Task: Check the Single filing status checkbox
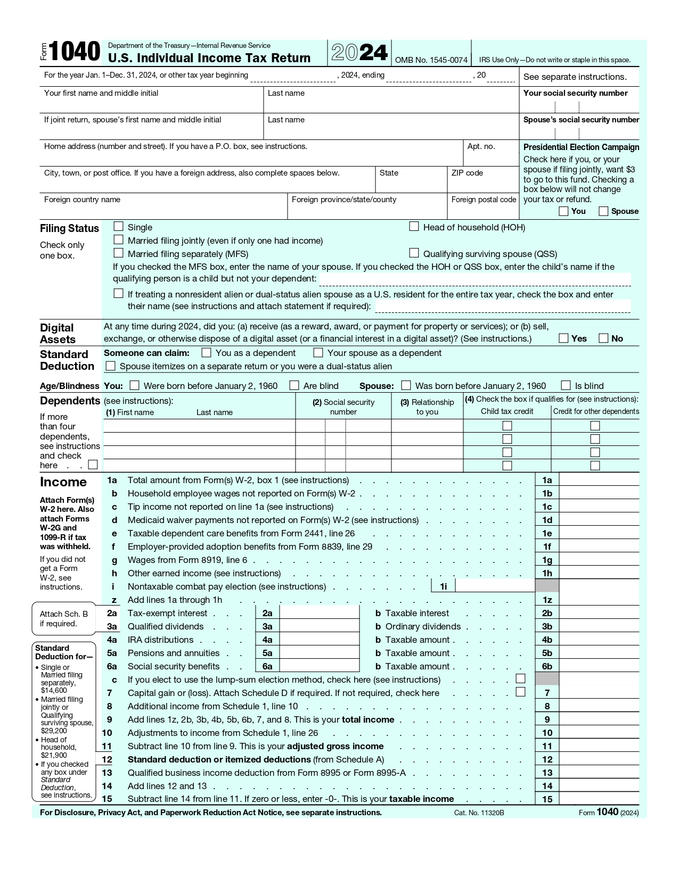(x=118, y=227)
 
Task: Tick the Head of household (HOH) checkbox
(x=414, y=227)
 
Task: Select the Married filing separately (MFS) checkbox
(x=118, y=253)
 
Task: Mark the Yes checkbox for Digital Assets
(x=563, y=338)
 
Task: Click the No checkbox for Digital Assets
(x=603, y=338)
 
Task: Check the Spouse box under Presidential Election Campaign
(x=603, y=211)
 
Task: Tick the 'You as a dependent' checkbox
(x=207, y=352)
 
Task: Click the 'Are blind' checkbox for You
(x=294, y=385)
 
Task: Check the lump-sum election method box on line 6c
(x=520, y=678)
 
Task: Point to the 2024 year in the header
(x=359, y=53)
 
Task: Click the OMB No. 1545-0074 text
(x=431, y=60)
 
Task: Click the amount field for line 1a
(x=599, y=480)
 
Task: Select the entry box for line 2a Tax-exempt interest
(x=319, y=613)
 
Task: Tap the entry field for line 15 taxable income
(x=599, y=799)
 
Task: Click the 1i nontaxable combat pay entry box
(x=495, y=586)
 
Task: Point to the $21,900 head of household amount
(x=54, y=755)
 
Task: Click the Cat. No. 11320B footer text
(x=479, y=813)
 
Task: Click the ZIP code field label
(x=467, y=173)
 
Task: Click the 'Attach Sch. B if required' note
(x=63, y=618)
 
